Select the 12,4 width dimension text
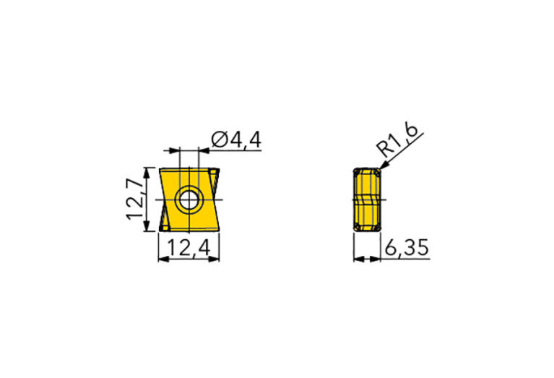pyautogui.click(x=189, y=247)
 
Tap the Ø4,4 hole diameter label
pyautogui.click(x=236, y=139)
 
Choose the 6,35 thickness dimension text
pyautogui.click(x=407, y=247)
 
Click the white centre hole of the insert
pyautogui.click(x=189, y=199)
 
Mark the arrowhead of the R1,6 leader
pyautogui.click(x=384, y=165)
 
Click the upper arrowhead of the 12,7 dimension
pyautogui.click(x=146, y=173)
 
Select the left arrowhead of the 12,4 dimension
pyautogui.click(x=163, y=259)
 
